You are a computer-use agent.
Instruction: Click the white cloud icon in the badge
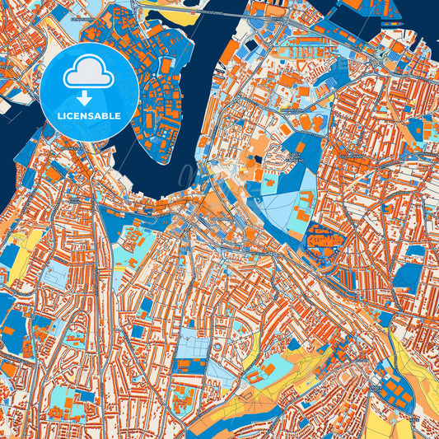click(90, 74)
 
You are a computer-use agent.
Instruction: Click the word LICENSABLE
click(90, 116)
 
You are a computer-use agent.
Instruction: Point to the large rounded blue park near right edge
click(408, 277)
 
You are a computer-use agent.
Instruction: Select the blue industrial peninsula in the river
click(156, 91)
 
